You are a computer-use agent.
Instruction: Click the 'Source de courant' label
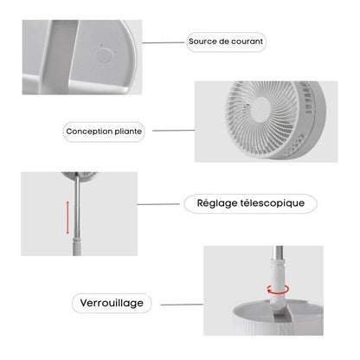pos(226,41)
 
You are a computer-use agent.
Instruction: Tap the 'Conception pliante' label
pos(104,132)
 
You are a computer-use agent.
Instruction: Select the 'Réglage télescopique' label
pos(250,204)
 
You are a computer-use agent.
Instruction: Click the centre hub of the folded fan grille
pos(258,108)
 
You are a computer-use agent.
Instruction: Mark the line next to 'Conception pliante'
pos(170,132)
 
